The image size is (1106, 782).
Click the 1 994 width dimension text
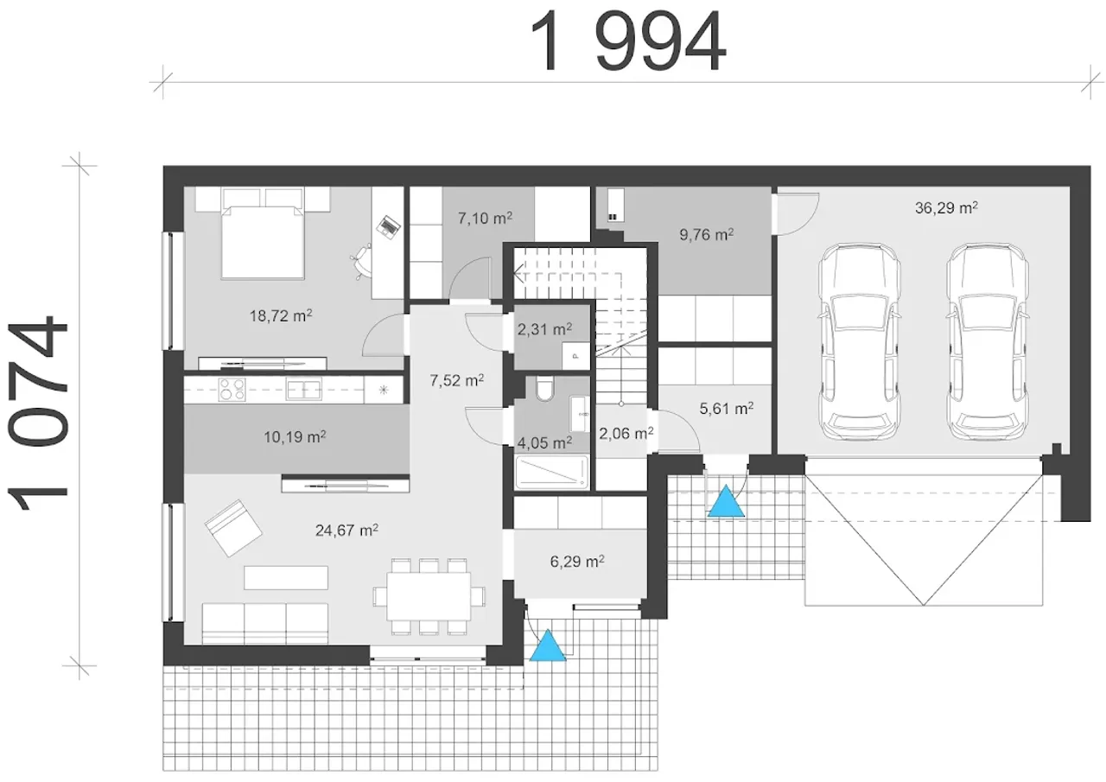coord(627,41)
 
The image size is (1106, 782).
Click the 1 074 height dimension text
coord(37,414)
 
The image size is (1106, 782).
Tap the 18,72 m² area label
coord(281,315)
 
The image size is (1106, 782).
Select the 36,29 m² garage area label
coord(946,208)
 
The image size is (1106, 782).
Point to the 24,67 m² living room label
coord(346,531)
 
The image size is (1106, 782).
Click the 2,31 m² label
coord(544,329)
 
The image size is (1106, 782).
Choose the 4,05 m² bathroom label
coord(544,442)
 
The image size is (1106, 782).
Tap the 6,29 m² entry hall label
coord(577,562)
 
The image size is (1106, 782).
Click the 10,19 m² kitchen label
coord(295,437)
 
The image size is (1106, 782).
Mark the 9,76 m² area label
coord(706,234)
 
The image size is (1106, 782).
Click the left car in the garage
coord(859,341)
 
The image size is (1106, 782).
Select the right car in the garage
coord(988,341)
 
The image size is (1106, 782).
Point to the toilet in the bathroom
coord(545,389)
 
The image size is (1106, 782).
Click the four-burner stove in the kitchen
coord(232,389)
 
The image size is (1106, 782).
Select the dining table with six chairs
coord(429,596)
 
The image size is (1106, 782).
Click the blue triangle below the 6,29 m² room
coord(548,645)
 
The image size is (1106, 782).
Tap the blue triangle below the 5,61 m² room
coord(726,501)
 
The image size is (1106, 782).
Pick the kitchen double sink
coord(303,390)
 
